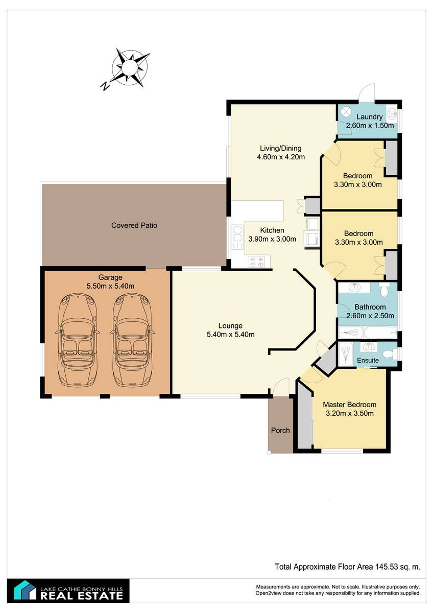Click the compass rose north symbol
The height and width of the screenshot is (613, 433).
(130, 67)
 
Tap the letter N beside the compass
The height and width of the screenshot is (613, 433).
(105, 86)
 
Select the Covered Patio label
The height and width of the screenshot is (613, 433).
(134, 225)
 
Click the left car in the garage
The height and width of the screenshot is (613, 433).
(78, 340)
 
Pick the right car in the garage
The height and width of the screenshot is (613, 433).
(132, 340)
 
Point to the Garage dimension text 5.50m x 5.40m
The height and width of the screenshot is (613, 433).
(110, 286)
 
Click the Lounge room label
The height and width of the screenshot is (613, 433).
(230, 326)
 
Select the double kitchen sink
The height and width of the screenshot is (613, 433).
(237, 237)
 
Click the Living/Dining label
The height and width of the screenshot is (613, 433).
(281, 148)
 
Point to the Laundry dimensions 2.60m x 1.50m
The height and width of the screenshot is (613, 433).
(370, 126)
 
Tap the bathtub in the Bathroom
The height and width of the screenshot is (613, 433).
(379, 333)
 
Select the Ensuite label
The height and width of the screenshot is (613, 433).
(368, 360)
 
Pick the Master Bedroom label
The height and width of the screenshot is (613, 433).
(350, 405)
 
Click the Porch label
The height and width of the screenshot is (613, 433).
(280, 431)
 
